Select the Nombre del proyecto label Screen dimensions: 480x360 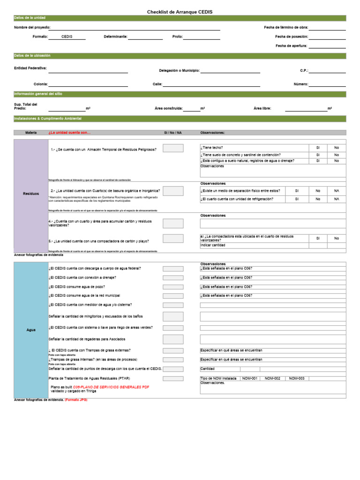click(x=32, y=28)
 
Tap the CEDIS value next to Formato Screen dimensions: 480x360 click(x=67, y=37)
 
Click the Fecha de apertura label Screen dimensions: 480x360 click(x=292, y=45)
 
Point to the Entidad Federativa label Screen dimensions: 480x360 click(x=30, y=68)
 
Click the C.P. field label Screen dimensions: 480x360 click(x=304, y=70)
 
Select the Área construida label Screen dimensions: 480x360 click(x=168, y=108)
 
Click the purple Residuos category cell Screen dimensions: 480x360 click(x=31, y=194)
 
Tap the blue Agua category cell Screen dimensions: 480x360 click(x=31, y=330)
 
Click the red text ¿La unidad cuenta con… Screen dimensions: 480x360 click(x=69, y=133)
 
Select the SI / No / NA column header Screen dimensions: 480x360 click(x=172, y=133)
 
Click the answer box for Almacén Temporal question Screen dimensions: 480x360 click(x=173, y=149)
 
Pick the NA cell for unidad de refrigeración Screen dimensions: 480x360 click(x=337, y=199)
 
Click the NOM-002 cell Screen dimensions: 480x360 click(x=272, y=378)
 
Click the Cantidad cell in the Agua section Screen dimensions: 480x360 click(x=208, y=369)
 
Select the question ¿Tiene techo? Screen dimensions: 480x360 click(x=212, y=148)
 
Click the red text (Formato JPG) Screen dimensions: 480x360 click(x=76, y=400)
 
